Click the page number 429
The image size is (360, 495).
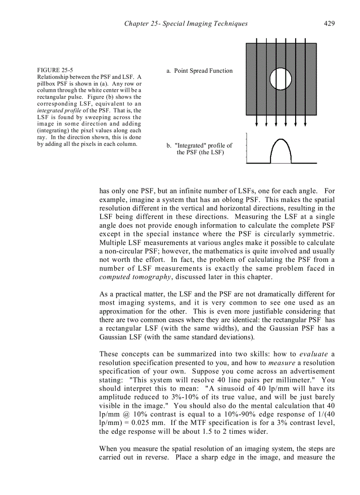point(329,23)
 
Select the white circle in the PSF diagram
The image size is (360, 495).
point(281,79)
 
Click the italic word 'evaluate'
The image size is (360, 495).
point(314,354)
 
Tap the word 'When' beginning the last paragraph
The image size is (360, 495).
point(109,449)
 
